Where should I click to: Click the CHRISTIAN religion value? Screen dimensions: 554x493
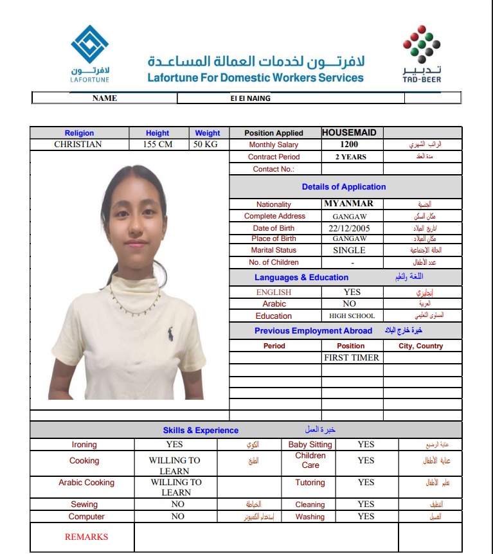[78, 145]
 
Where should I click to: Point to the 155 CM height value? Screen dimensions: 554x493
[157, 145]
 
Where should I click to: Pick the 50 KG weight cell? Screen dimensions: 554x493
[206, 145]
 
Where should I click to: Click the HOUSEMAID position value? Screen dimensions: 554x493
[349, 132]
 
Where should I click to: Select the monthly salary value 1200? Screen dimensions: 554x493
[350, 145]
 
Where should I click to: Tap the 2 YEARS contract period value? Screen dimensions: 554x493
[351, 157]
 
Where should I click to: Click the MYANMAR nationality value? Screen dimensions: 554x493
[349, 204]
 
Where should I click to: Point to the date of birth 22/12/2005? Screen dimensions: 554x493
[350, 228]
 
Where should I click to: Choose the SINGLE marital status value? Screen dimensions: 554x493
[349, 250]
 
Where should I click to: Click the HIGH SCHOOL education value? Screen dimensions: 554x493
[352, 316]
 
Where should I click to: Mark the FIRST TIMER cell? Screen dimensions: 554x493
[352, 357]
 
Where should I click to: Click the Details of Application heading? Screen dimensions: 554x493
[344, 187]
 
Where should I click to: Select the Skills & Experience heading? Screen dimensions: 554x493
[201, 431]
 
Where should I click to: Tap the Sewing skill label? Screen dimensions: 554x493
[84, 505]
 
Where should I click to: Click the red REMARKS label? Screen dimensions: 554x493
[87, 537]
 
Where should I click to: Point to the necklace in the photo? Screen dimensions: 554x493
[135, 305]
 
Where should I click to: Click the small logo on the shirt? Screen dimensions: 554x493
[170, 334]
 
